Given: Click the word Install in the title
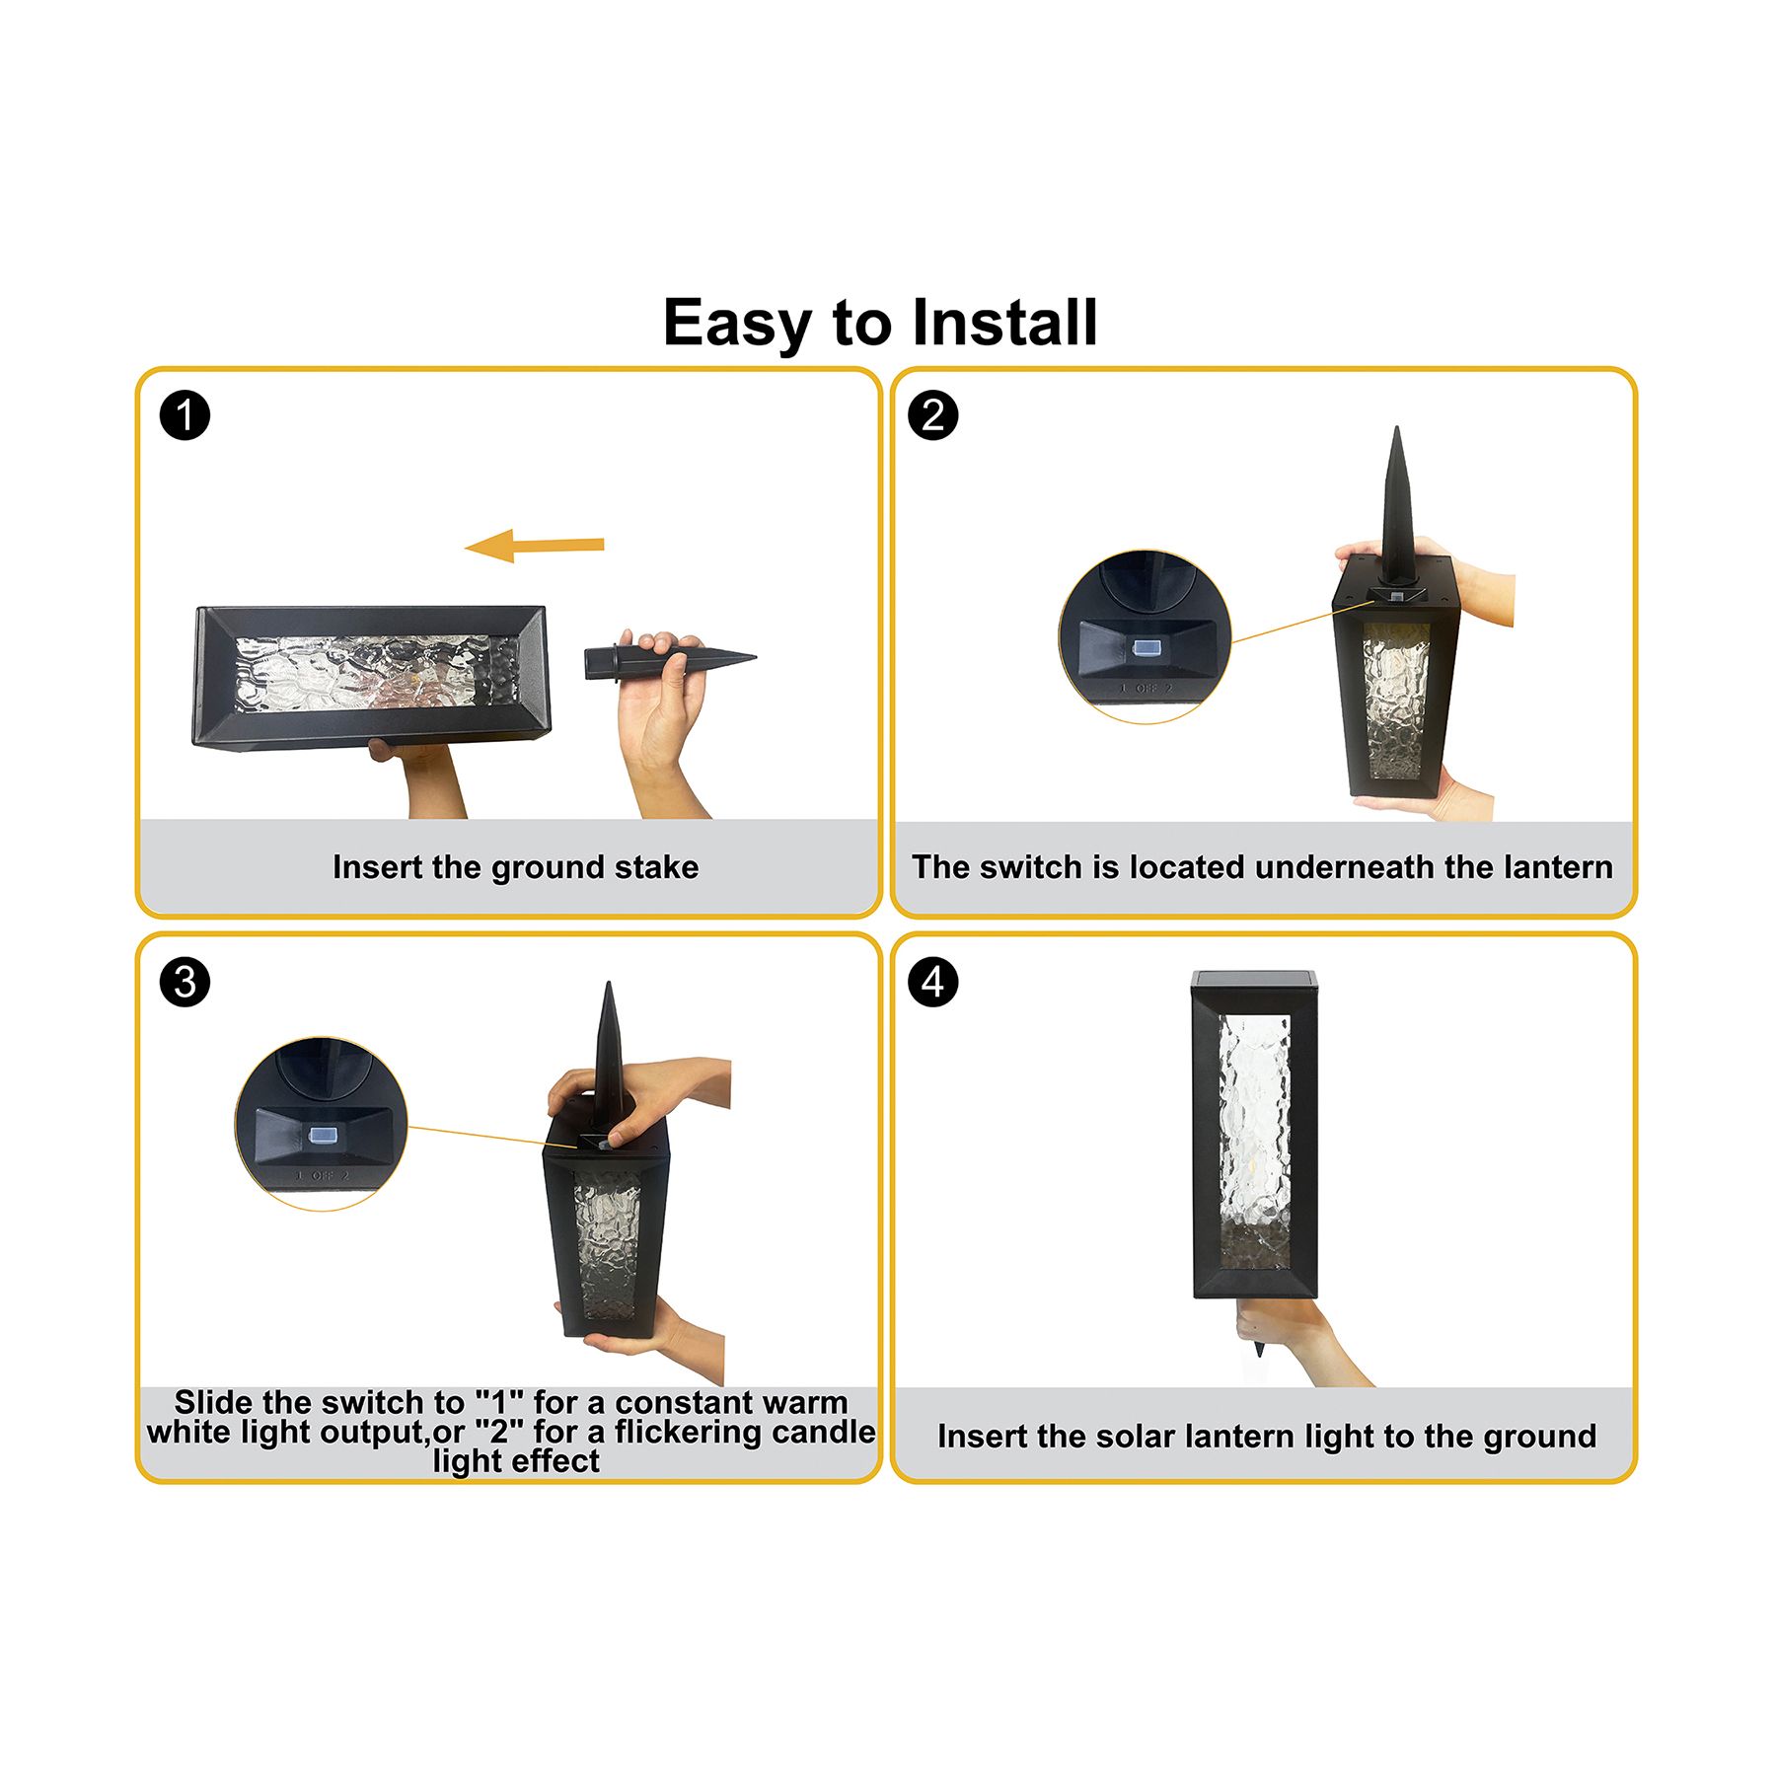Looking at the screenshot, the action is pos(1004,323).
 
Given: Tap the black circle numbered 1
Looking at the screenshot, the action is pos(185,415).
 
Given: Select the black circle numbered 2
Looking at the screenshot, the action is pos(932,415).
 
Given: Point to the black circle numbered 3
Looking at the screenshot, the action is pos(185,983).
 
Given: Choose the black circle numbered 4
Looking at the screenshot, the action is pos(932,983).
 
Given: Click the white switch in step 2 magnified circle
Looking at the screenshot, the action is pos(1145,648).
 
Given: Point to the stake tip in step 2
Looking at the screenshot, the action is pos(1396,427).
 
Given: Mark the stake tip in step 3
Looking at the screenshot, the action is pos(609,984).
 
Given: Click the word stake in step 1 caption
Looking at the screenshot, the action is pos(656,867).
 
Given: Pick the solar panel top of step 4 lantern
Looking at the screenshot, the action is pos(1254,980).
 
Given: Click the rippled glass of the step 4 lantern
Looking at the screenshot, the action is pos(1254,1142).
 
